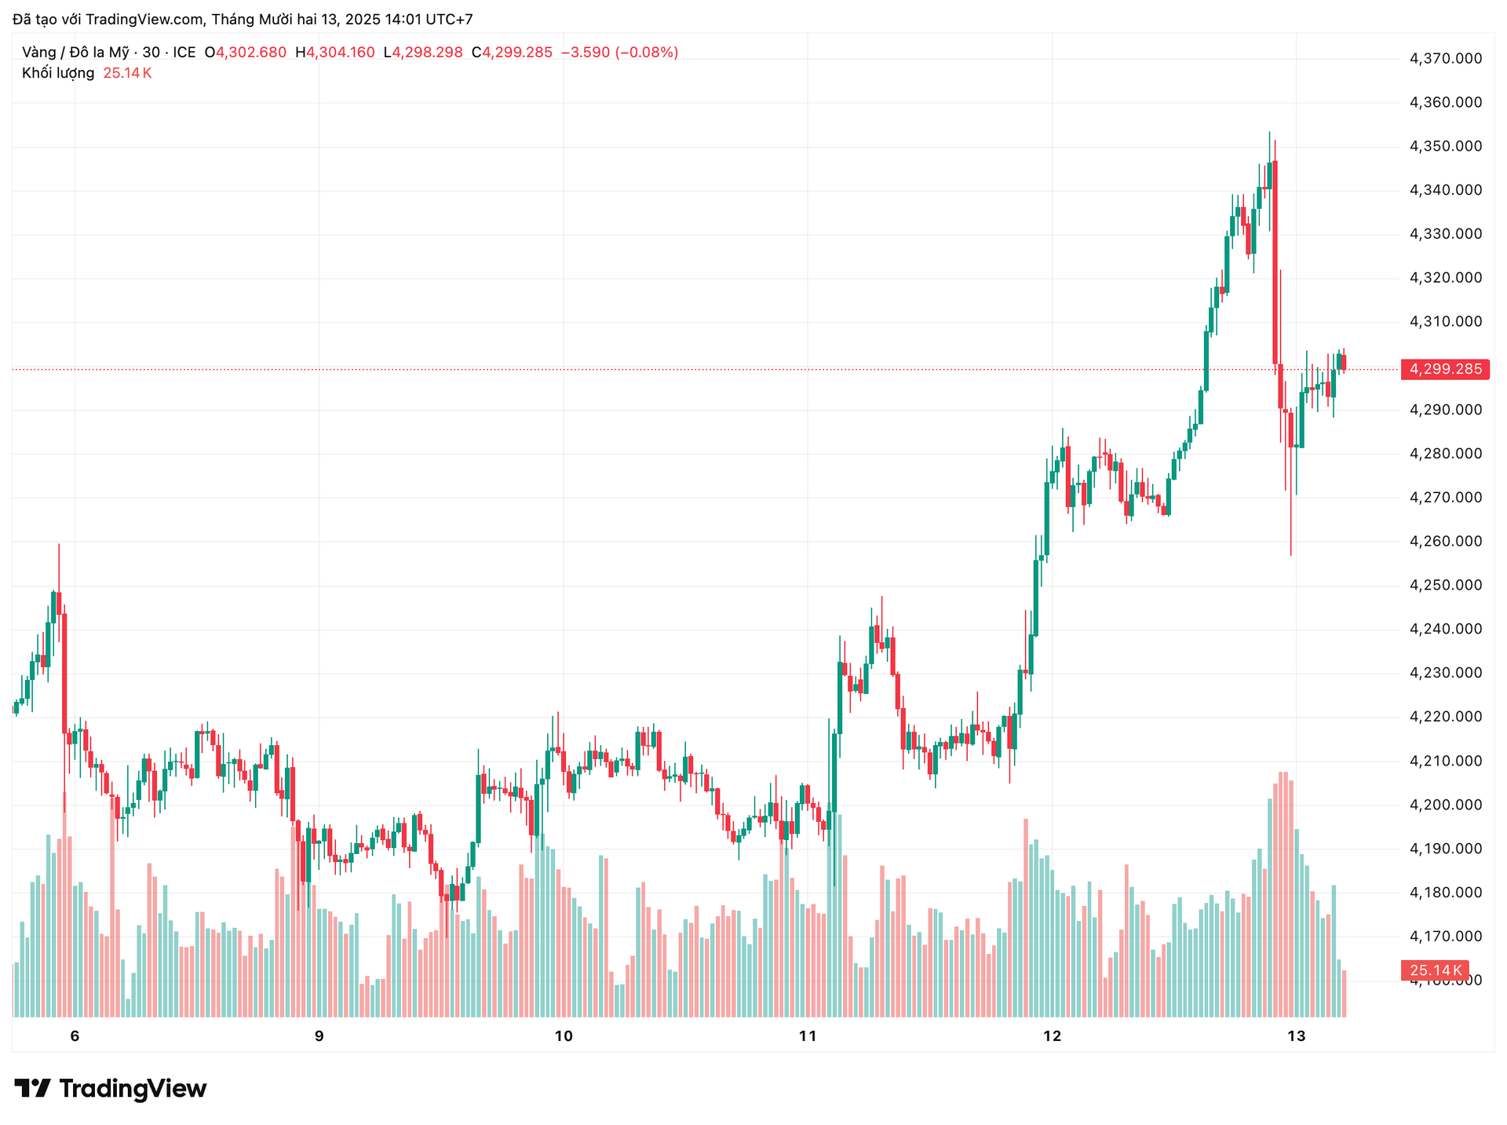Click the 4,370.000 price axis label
(x=1446, y=58)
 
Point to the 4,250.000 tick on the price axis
(x=1446, y=585)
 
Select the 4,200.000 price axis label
(x=1446, y=805)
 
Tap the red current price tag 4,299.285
(x=1445, y=369)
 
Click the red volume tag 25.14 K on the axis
(x=1435, y=970)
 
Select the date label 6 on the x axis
(x=75, y=1036)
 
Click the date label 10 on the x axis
(x=564, y=1036)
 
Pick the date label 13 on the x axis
(x=1297, y=1036)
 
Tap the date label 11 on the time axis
(x=808, y=1036)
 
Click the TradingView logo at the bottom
(x=111, y=1088)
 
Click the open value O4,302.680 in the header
(x=246, y=53)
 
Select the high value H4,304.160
(x=335, y=53)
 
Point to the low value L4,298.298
(x=423, y=53)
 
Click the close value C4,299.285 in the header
(x=512, y=53)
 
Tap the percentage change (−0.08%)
(x=647, y=53)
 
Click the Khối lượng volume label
(x=58, y=73)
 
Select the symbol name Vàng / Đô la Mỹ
(x=75, y=53)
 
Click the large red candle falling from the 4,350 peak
(x=1275, y=259)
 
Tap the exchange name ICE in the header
(x=184, y=53)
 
